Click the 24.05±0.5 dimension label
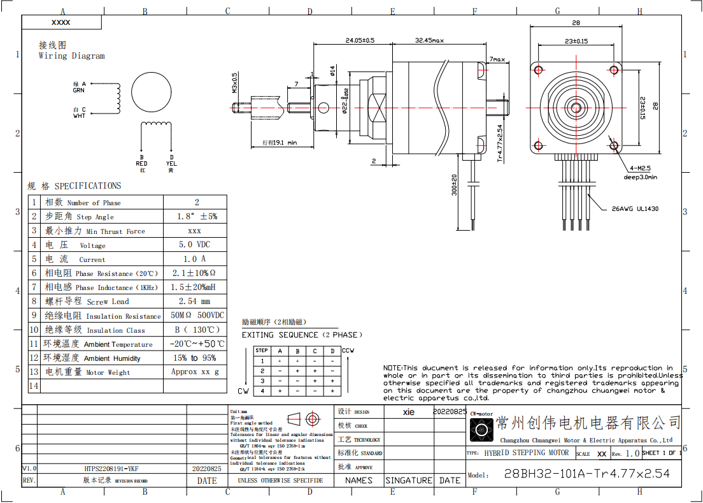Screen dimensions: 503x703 360,40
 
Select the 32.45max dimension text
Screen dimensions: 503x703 429,40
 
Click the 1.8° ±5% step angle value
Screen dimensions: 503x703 197,217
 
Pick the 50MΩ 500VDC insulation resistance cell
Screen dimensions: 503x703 197,316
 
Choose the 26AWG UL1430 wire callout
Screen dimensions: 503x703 635,208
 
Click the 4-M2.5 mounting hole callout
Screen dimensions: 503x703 639,168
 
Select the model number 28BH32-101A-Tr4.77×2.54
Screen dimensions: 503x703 586,474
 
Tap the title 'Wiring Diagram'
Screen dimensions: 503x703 71,56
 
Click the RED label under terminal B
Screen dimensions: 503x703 141,164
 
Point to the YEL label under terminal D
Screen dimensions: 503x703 171,164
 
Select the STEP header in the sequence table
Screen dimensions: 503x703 261,351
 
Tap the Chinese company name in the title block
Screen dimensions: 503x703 588,423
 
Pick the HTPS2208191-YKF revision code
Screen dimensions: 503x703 111,469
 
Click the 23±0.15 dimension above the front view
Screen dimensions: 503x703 576,41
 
